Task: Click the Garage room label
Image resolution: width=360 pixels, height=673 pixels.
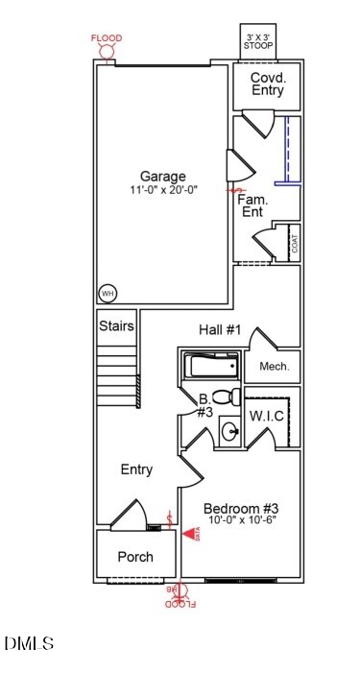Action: coord(163,176)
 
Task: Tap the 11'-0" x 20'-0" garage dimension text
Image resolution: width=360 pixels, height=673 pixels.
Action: coord(163,190)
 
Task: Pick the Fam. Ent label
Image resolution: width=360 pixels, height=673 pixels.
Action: coord(252,204)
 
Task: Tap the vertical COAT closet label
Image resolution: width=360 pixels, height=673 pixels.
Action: coord(294,243)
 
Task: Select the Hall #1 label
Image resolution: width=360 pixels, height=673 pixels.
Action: coord(219,330)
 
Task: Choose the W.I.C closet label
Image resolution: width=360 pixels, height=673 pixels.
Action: coord(266,416)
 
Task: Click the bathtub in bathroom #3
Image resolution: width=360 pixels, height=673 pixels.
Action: coord(210,366)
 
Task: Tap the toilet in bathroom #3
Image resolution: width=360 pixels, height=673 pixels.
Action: coord(223,397)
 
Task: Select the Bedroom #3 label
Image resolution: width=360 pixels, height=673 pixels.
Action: coord(241,508)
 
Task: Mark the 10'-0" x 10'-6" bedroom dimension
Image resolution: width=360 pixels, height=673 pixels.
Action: coord(241,521)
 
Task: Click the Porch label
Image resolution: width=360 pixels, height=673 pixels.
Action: coord(135,557)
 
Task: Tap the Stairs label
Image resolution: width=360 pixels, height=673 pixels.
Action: coord(116,326)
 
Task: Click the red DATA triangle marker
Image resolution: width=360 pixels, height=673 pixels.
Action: coord(188,534)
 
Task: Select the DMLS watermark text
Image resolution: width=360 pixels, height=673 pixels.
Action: coord(29,643)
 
